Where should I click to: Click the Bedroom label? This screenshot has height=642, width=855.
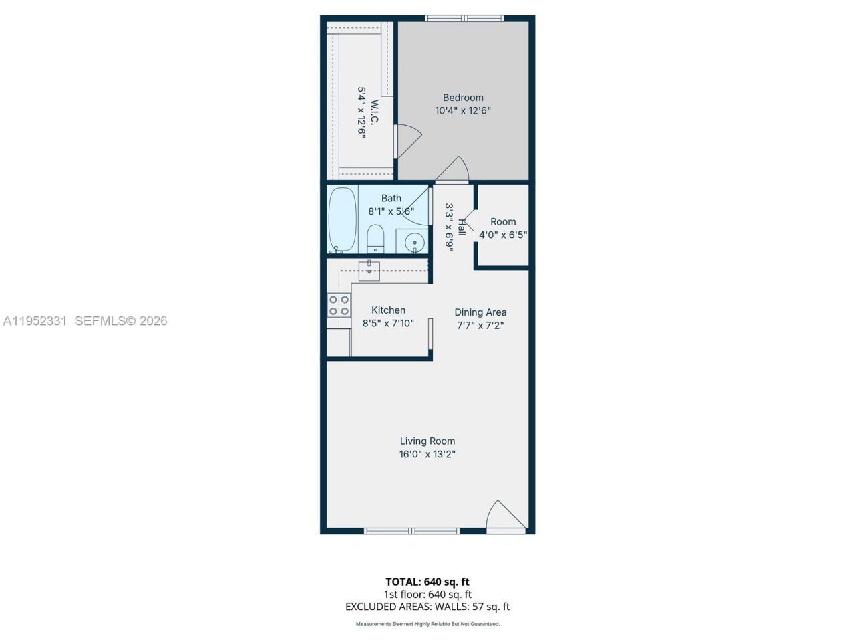tap(463, 98)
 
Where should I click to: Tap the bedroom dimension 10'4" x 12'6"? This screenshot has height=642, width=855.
tap(463, 111)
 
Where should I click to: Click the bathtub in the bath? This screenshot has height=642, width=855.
tap(343, 219)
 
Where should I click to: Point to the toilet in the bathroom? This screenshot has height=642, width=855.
tap(375, 239)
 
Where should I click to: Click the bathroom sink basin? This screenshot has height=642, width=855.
tap(415, 242)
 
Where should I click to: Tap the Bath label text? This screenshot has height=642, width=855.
tap(391, 198)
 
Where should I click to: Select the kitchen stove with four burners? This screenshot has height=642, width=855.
tap(339, 306)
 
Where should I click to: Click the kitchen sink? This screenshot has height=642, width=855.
tap(369, 271)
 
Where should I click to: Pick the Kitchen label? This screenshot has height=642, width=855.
tap(388, 310)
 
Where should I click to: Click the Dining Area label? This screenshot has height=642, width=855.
tap(480, 312)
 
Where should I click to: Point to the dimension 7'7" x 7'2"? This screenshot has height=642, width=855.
tap(480, 326)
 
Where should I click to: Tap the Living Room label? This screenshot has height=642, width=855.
tap(427, 441)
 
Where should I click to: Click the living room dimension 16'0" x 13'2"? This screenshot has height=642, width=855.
tap(427, 455)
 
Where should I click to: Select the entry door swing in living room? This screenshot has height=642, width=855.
tap(504, 516)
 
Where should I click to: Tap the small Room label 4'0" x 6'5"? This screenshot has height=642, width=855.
tap(503, 222)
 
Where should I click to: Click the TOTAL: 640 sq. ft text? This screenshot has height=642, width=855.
tap(427, 582)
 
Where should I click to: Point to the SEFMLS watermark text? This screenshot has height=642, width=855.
tap(121, 321)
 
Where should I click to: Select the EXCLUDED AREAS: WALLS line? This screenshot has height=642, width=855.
tap(427, 607)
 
